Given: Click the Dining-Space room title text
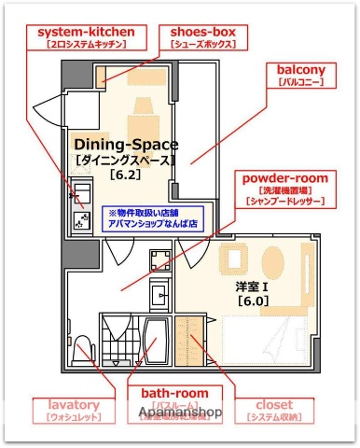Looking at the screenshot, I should [125, 145].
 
